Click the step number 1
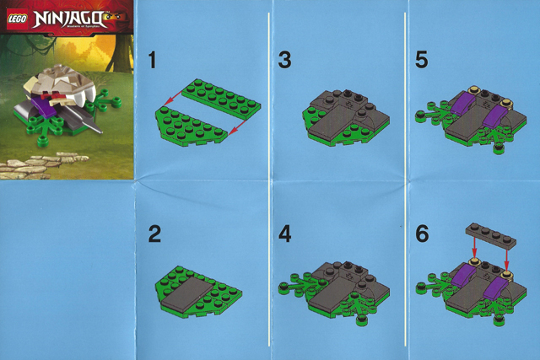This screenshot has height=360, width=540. pos(152,60)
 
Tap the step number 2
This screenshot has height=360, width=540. pos(154,234)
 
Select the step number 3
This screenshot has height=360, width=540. pos(284,60)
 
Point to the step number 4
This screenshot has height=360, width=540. pos(284,234)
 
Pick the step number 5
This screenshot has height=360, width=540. pos(423,60)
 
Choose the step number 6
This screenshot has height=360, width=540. pos(423,234)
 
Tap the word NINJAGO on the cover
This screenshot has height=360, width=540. pos(64,15)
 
